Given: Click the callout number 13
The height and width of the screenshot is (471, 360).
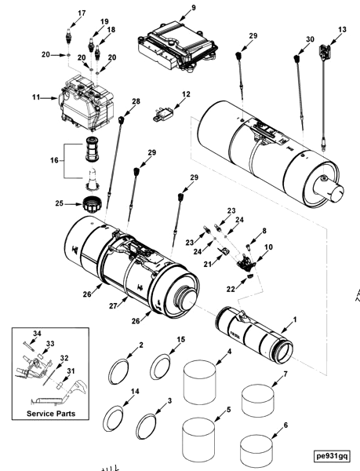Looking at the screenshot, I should point(341,29).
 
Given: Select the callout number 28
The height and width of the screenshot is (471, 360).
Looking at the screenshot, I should point(136,101).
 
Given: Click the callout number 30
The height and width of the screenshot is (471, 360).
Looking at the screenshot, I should point(310,38).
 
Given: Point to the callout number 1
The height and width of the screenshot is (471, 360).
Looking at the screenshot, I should point(295,320).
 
